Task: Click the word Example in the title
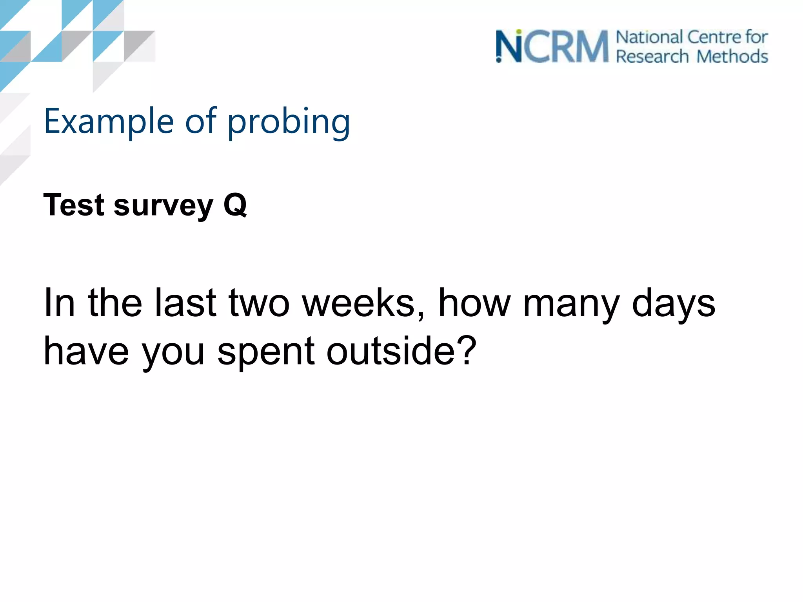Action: coord(109,121)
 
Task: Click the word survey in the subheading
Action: coord(164,206)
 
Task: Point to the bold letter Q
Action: coord(235,205)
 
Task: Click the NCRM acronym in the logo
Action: coord(552,47)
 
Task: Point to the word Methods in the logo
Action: coord(732,56)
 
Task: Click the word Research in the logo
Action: coord(652,56)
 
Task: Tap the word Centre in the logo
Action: coord(714,37)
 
